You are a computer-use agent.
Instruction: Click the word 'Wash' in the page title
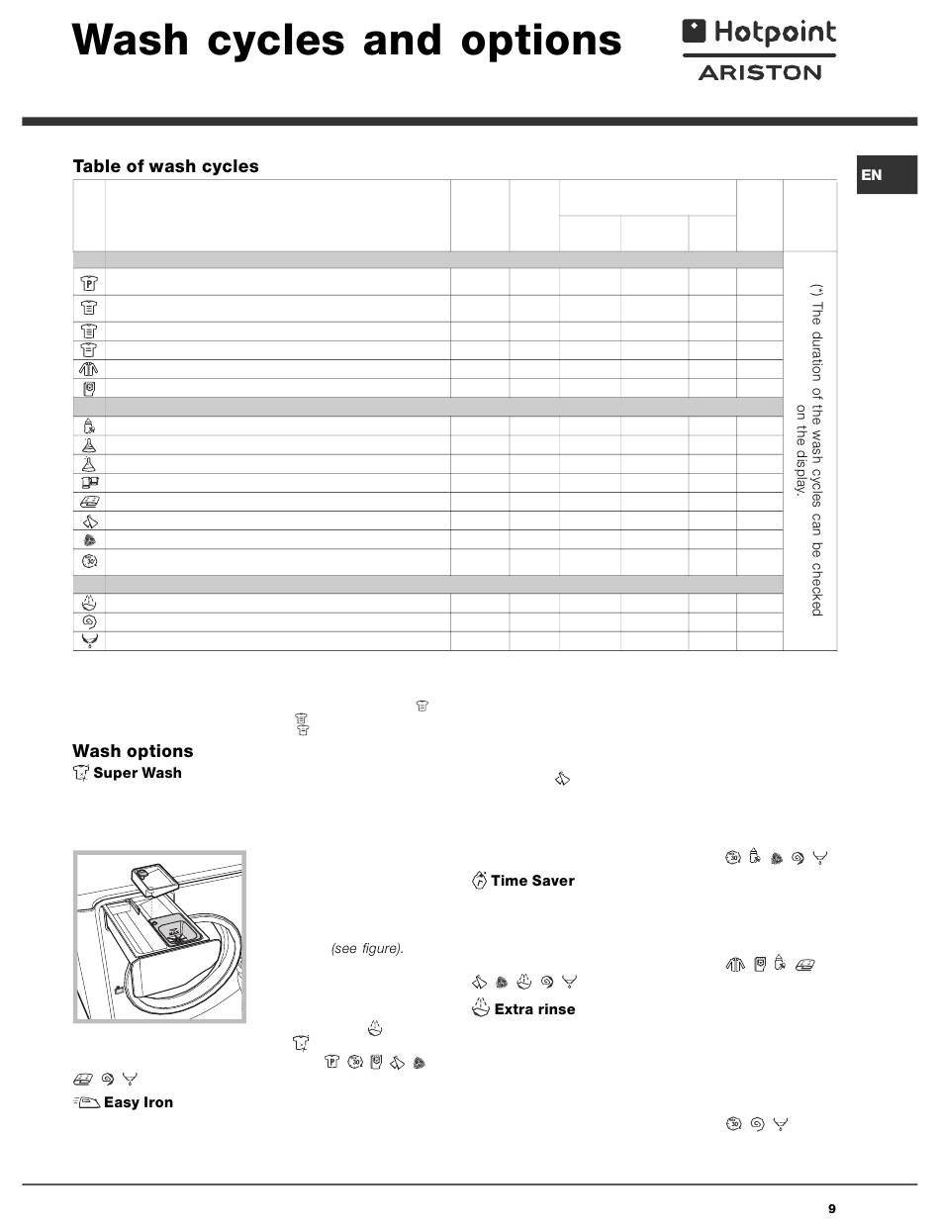[x=130, y=42]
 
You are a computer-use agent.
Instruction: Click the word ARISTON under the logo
[x=759, y=72]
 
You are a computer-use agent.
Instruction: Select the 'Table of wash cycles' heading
[x=165, y=166]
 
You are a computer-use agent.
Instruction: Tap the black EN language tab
[x=872, y=175]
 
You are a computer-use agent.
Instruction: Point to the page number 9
[x=831, y=1208]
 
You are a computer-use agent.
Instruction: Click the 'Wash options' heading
[x=133, y=751]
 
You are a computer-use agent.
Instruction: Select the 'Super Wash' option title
[x=137, y=773]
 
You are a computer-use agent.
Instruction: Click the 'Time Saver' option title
[x=531, y=881]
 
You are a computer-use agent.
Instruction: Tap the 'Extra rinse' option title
[x=533, y=1009]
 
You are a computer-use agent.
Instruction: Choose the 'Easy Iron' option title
[x=138, y=1102]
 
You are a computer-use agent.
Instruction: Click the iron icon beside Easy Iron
[x=86, y=1102]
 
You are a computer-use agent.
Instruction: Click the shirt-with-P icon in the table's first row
[x=89, y=281]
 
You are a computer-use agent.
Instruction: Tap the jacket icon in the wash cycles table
[x=89, y=369]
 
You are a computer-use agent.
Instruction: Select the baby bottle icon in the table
[x=89, y=426]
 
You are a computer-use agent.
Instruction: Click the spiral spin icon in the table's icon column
[x=89, y=621]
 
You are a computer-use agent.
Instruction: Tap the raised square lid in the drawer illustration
[x=148, y=879]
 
